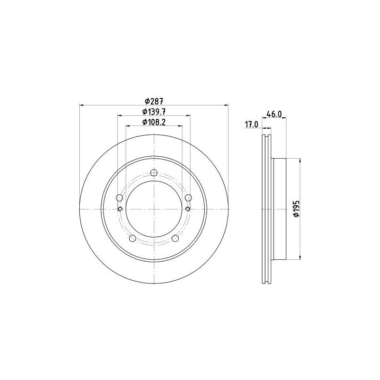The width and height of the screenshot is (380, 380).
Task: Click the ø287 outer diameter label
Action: (x=154, y=101)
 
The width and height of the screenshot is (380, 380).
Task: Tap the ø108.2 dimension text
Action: (x=154, y=123)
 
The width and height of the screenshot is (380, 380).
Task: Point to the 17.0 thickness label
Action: (x=251, y=124)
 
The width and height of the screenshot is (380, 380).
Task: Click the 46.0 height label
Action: (x=275, y=114)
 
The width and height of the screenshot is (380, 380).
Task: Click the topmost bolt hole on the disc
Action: (x=154, y=173)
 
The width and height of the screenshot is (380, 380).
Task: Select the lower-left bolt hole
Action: (x=133, y=238)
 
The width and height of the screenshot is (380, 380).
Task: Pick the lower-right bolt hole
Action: (x=175, y=238)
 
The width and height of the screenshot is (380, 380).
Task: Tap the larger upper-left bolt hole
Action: (x=120, y=198)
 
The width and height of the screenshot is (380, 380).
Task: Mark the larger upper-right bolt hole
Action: (x=188, y=198)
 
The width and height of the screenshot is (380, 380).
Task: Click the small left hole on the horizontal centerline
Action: (x=120, y=209)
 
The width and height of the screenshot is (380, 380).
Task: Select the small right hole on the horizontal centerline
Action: (x=188, y=209)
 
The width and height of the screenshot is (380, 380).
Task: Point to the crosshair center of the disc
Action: (x=154, y=209)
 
